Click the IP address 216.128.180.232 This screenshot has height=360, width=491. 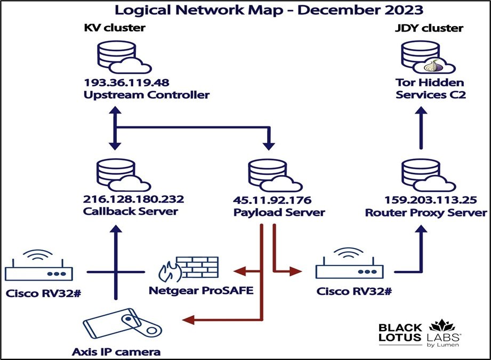point(133,199)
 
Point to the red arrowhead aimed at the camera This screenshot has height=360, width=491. point(187,319)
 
